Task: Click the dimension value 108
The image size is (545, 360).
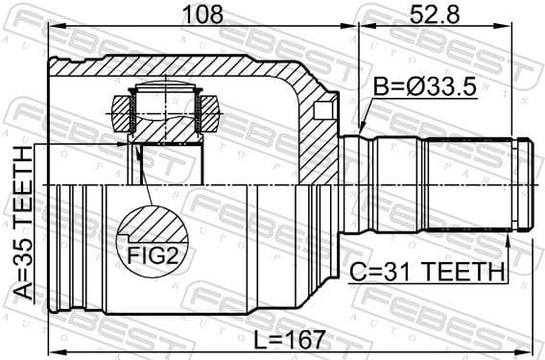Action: pyautogui.click(x=201, y=13)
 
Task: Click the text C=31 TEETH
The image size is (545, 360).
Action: pyautogui.click(x=430, y=272)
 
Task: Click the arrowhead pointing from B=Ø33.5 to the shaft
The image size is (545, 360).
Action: pyautogui.click(x=362, y=129)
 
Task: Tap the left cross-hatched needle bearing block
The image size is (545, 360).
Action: pyautogui.click(x=122, y=112)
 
